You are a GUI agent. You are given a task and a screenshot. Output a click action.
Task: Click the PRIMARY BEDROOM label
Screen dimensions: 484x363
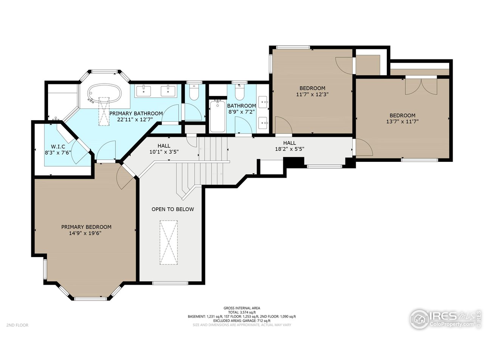point(86,227)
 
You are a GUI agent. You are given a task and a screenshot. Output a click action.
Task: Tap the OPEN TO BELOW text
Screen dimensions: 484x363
point(173,209)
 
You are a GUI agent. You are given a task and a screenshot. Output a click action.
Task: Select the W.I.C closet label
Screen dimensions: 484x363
point(58,147)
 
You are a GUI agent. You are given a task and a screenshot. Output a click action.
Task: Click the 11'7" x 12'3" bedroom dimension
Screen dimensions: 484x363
point(312,94)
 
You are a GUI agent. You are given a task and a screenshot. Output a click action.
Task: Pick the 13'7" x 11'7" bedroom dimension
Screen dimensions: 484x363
point(402,121)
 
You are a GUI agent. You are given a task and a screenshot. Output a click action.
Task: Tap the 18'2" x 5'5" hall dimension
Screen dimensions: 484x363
point(290,149)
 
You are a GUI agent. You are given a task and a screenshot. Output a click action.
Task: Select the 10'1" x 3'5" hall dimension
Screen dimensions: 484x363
point(164,152)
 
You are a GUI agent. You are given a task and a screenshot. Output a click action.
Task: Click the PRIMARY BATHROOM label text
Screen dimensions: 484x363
point(136,113)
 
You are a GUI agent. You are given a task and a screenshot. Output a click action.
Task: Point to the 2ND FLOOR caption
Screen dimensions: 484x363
point(17,325)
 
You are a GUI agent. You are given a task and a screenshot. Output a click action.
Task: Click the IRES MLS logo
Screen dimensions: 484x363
point(445,320)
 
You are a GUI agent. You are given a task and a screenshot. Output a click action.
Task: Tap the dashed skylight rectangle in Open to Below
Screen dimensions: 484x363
point(169,242)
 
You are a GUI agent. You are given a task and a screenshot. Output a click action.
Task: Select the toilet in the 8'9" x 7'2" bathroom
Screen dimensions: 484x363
point(239,92)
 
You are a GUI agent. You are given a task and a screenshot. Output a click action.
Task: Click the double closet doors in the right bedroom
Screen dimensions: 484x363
point(421,86)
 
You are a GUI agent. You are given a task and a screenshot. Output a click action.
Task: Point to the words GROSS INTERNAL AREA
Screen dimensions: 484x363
point(242,308)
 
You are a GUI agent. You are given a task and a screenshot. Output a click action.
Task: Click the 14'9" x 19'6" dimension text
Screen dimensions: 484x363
point(85,233)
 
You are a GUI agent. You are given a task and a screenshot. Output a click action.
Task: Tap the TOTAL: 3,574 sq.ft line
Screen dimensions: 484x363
point(242,312)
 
